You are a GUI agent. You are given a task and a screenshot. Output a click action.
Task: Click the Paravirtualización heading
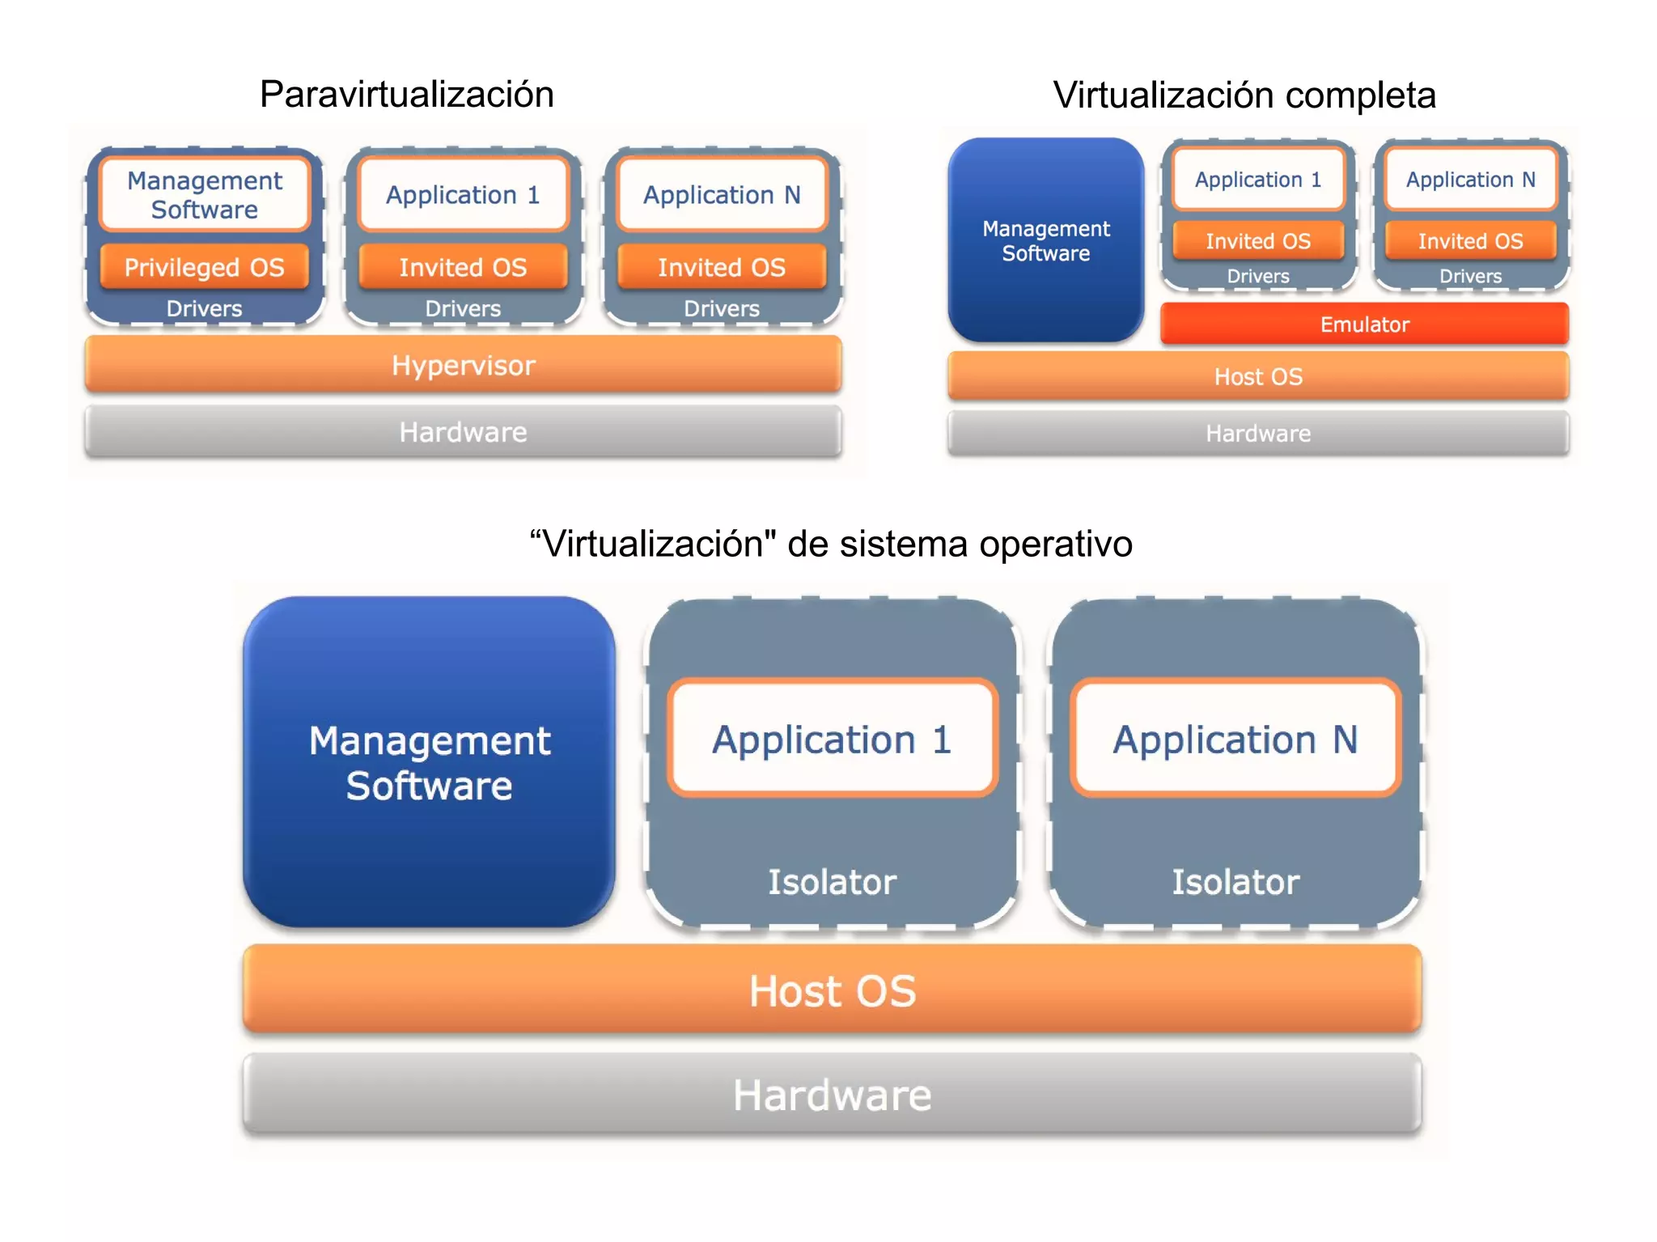point(406,95)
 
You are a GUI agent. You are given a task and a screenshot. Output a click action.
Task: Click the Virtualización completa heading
point(1244,95)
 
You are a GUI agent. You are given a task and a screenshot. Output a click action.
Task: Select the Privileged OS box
point(204,267)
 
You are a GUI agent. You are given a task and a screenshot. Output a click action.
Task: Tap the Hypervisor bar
point(463,365)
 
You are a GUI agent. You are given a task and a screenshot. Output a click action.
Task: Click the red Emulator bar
point(1364,324)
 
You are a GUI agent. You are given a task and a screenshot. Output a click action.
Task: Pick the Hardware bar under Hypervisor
point(463,432)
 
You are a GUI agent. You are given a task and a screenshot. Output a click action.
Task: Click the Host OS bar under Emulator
point(1258,376)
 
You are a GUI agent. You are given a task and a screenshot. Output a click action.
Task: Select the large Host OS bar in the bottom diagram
point(832,990)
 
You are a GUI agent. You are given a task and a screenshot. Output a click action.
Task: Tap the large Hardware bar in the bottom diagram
point(832,1095)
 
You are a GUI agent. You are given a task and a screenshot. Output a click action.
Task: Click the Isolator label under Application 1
point(832,882)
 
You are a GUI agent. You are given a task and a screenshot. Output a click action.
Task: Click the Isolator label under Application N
point(1235,882)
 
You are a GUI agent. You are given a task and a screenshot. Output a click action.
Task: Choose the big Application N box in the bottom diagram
point(1235,739)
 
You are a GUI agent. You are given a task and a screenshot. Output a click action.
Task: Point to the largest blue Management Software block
point(429,762)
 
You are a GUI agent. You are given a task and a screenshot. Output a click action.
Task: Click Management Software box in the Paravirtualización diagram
point(205,195)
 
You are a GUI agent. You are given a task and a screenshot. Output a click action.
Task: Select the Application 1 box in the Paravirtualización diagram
point(463,195)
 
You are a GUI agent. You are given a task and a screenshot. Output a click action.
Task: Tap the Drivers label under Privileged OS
point(204,308)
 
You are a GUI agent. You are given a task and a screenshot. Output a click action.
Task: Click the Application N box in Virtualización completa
point(1470,179)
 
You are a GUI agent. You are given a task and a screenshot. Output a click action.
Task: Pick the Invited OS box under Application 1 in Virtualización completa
point(1258,241)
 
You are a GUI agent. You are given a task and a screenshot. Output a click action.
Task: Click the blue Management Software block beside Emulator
point(1045,240)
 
